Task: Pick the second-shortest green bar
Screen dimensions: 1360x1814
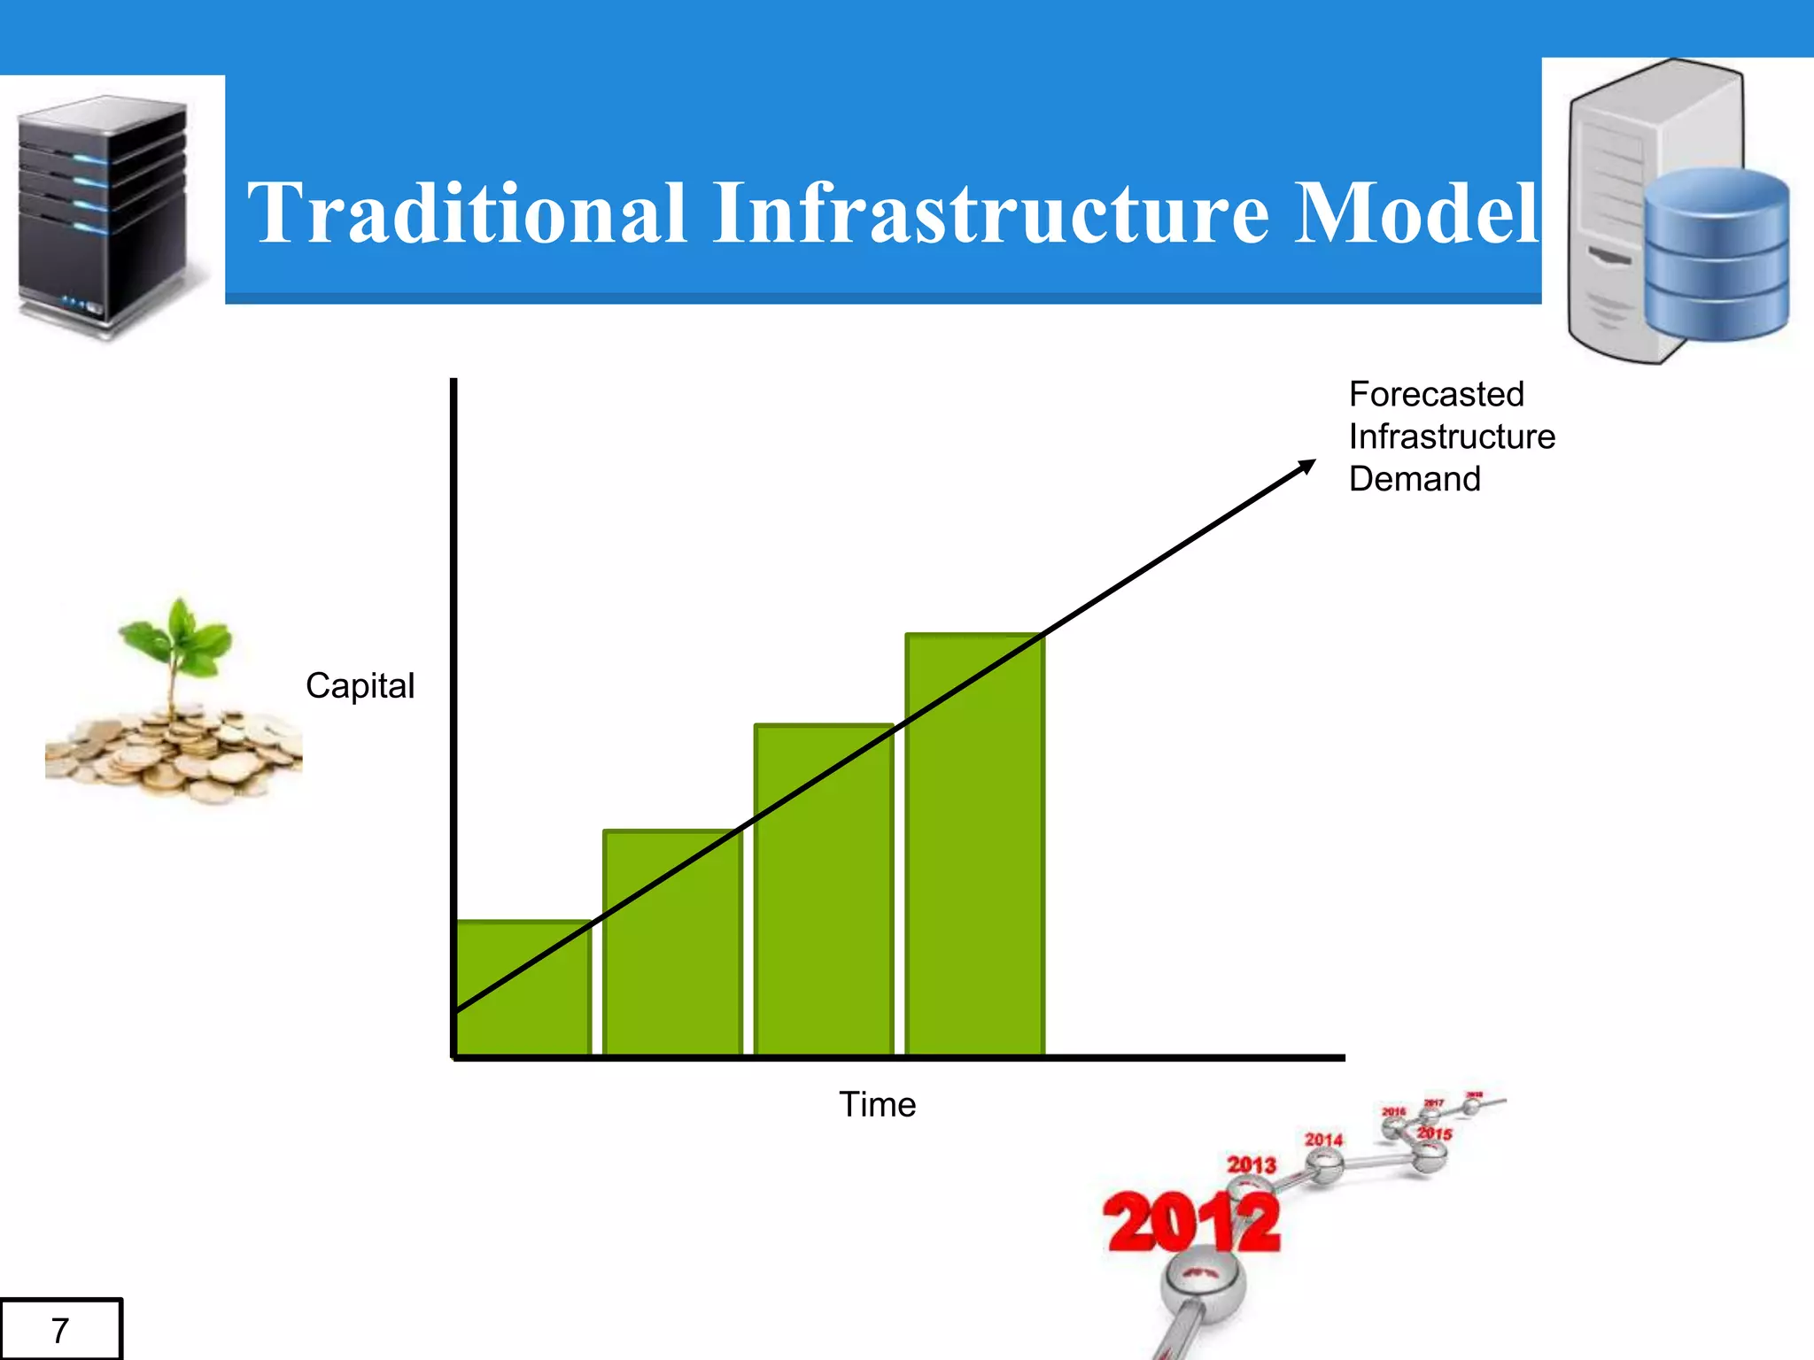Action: (673, 956)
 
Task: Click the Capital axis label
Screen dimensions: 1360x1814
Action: (360, 686)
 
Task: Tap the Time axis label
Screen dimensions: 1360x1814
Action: (877, 1105)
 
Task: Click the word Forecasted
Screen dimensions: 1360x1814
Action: (1436, 395)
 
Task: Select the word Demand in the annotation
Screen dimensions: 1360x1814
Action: (1415, 479)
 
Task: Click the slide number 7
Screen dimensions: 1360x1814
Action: (60, 1330)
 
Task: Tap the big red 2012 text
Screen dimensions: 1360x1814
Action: (1191, 1224)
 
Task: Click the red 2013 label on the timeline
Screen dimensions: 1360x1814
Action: (1251, 1164)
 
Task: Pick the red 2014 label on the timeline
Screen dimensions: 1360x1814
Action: (1323, 1140)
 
